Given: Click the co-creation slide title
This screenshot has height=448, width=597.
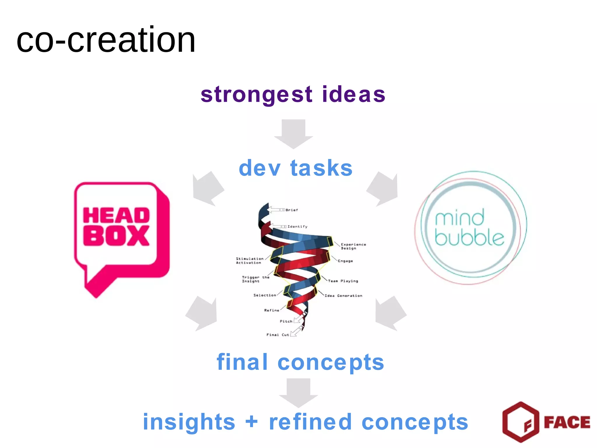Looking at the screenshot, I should point(106,40).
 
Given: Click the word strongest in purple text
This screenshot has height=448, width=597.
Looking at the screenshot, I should point(257,95).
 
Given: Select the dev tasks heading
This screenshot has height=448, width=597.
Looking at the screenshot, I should point(295,168).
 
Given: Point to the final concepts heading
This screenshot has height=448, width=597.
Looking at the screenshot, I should point(300,362).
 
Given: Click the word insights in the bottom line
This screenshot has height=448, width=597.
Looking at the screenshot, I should point(189,422).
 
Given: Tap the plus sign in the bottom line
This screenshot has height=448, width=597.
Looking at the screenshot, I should point(252,422).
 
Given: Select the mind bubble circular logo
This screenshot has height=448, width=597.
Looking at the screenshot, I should point(470,228).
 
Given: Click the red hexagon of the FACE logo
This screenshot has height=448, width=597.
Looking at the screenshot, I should point(521,421).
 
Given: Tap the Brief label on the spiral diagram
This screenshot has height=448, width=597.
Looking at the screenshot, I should point(292,210).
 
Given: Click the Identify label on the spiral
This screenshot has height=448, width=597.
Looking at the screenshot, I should point(297,227).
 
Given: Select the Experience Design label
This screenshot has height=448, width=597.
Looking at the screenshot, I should point(353,246).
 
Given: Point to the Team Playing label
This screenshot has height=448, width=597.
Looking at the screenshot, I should point(343,281).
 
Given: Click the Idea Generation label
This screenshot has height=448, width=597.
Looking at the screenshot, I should point(343,296).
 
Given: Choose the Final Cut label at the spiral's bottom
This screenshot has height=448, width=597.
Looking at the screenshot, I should point(278,335).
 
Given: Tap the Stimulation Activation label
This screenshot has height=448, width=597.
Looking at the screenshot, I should point(249,261).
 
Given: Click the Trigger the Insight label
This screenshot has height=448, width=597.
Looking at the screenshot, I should point(255,279).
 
